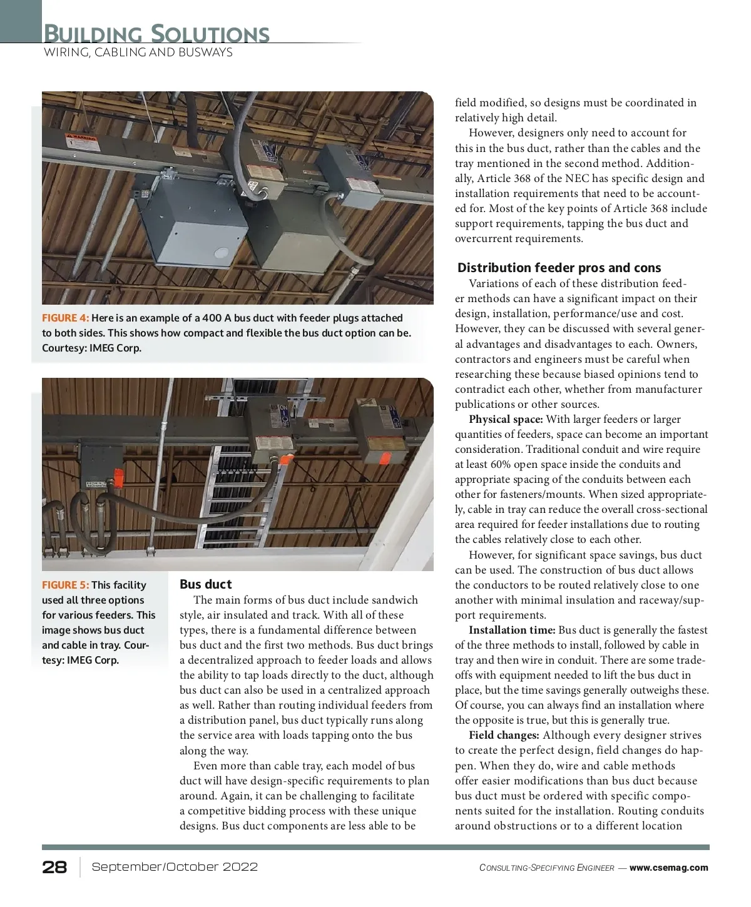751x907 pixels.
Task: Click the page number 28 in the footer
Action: pyautogui.click(x=54, y=867)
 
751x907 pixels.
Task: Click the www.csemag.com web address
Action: pyautogui.click(x=668, y=868)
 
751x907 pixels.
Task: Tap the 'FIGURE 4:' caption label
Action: pyautogui.click(x=65, y=318)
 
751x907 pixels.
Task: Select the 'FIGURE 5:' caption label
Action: pyautogui.click(x=65, y=585)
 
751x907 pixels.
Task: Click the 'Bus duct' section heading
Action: pyautogui.click(x=205, y=584)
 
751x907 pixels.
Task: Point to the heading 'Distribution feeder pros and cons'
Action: pyautogui.click(x=559, y=268)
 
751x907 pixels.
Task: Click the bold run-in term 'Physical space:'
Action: pyautogui.click(x=506, y=419)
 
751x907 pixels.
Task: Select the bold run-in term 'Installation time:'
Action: pyautogui.click(x=512, y=630)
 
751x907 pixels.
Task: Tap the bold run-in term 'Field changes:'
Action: pyautogui.click(x=504, y=735)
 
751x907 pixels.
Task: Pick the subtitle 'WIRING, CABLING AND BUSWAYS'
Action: pyautogui.click(x=138, y=53)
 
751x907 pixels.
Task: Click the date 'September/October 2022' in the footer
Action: pyautogui.click(x=175, y=867)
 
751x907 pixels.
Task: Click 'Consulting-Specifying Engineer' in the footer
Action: pyautogui.click(x=546, y=868)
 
